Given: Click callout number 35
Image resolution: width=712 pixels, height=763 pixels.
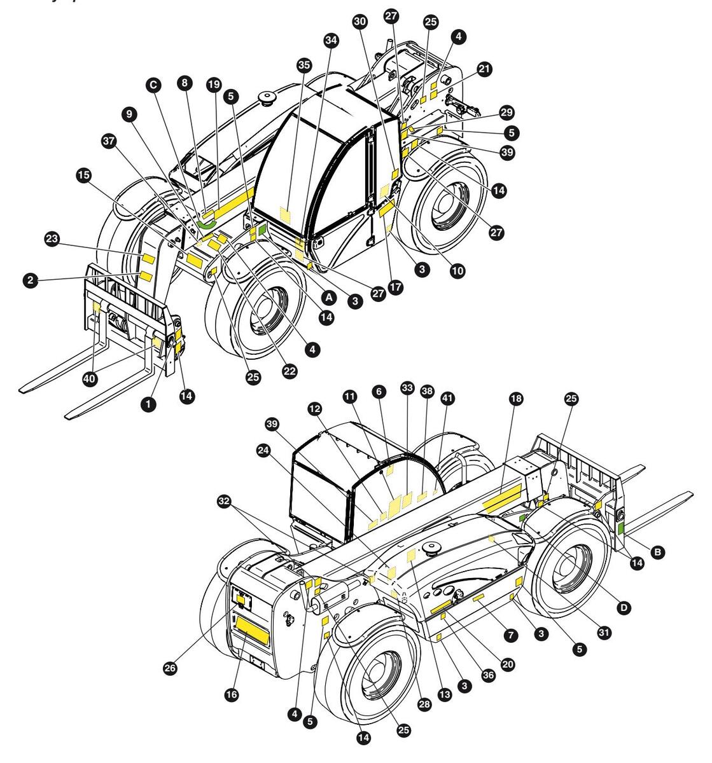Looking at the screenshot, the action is (x=304, y=65).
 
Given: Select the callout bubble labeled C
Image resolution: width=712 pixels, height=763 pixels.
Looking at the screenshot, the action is (x=153, y=84).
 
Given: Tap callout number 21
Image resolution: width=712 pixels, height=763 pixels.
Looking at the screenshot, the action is (x=485, y=69).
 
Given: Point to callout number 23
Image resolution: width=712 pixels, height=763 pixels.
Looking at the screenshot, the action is (x=52, y=240).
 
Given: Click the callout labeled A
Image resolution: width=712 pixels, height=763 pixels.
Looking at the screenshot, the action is (x=328, y=296).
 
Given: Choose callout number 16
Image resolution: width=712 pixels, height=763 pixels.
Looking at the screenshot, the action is (x=231, y=695).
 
